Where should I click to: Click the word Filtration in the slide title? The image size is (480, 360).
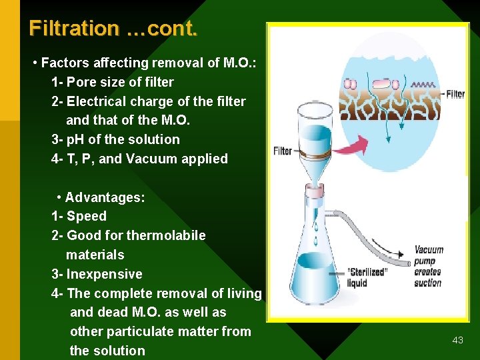click(x=74, y=29)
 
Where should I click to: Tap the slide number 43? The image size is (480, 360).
click(x=457, y=340)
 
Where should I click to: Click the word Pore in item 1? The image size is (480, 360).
click(x=82, y=82)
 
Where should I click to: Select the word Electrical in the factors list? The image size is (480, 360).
click(x=98, y=101)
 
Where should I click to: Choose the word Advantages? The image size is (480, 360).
click(x=105, y=197)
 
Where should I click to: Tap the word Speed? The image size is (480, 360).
click(x=87, y=216)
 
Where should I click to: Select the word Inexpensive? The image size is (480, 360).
click(x=104, y=274)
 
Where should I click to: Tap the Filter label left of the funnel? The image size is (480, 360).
click(x=283, y=151)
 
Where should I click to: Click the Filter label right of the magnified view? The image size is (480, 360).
click(x=455, y=94)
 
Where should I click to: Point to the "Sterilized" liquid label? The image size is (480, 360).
click(x=367, y=277)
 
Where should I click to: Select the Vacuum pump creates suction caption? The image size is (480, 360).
click(x=428, y=266)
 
